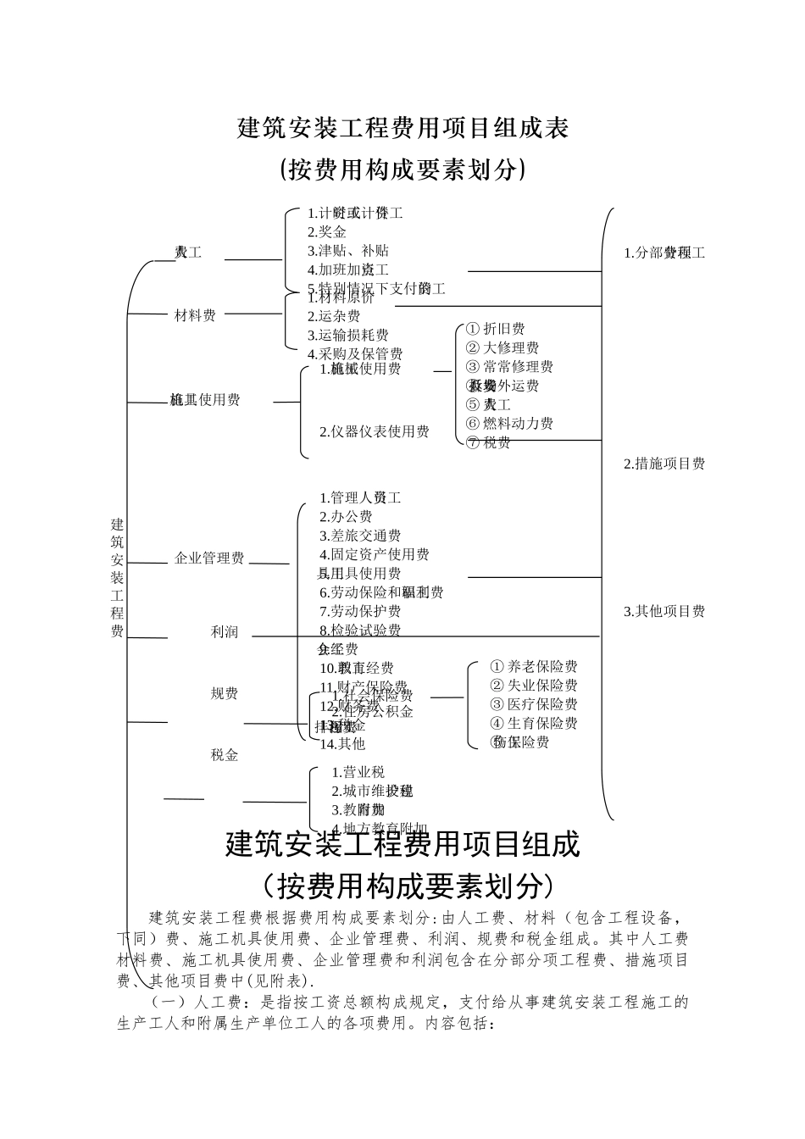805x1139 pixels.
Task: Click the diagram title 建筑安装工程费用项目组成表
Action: point(402,128)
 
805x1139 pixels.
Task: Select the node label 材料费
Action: point(195,315)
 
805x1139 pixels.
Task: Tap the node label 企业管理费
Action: point(209,558)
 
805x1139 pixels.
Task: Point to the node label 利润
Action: point(225,631)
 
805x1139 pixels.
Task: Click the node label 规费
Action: point(225,693)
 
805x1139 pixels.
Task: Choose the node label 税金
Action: point(225,755)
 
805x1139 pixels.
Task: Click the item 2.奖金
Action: point(327,231)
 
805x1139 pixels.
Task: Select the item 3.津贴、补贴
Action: point(348,250)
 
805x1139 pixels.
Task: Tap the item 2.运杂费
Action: point(334,316)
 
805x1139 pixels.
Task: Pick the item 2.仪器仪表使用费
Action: point(375,431)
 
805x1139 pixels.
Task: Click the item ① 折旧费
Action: point(496,329)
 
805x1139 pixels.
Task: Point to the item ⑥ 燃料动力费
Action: point(510,423)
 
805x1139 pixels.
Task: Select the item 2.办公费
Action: point(346,516)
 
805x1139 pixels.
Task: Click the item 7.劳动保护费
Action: point(360,611)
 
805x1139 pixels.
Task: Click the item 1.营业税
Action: point(358,772)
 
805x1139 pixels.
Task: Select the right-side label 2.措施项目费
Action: point(664,464)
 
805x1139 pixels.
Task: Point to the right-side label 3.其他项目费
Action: point(664,611)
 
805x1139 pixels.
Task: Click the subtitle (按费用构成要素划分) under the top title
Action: point(402,170)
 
